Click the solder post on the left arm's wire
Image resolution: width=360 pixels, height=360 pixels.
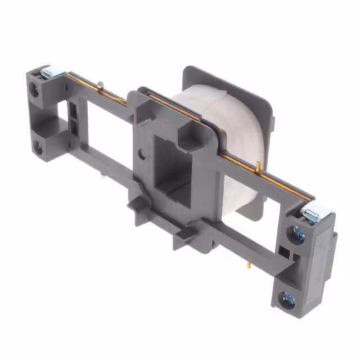[x=100, y=85]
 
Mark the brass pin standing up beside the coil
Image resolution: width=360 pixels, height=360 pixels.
[x=258, y=166]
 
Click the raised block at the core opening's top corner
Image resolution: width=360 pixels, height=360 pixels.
[x=188, y=133]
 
